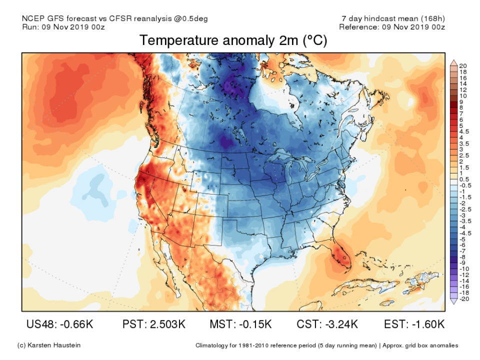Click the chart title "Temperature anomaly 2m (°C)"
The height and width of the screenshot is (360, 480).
[233, 41]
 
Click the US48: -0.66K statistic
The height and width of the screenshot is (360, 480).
[59, 324]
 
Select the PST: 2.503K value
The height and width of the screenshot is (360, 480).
[153, 324]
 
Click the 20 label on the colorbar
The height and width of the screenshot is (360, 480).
[463, 65]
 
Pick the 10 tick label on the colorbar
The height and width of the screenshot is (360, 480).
[463, 95]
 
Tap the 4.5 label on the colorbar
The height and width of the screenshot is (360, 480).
[463, 131]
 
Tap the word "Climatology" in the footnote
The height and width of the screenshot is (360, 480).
[212, 345]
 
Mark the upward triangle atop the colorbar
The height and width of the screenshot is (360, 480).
[453, 62]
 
